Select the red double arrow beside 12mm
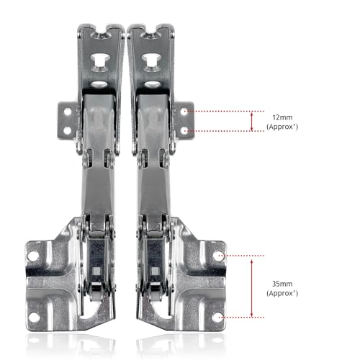251,121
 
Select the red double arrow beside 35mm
251,286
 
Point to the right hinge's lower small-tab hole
186,130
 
